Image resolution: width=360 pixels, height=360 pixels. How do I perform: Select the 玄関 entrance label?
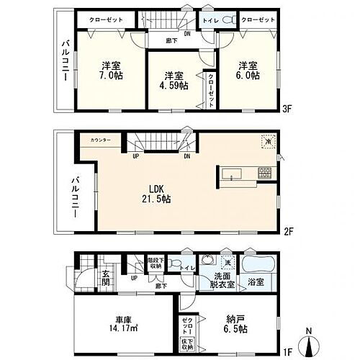[x=104, y=277]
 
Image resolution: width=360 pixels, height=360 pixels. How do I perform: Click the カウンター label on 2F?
[x=101, y=140]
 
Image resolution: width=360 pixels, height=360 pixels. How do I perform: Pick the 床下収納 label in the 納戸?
[x=186, y=346]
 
